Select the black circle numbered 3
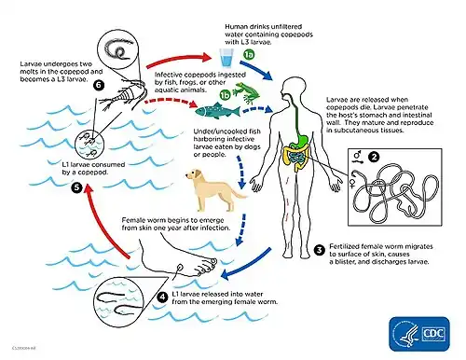click(319, 250)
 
